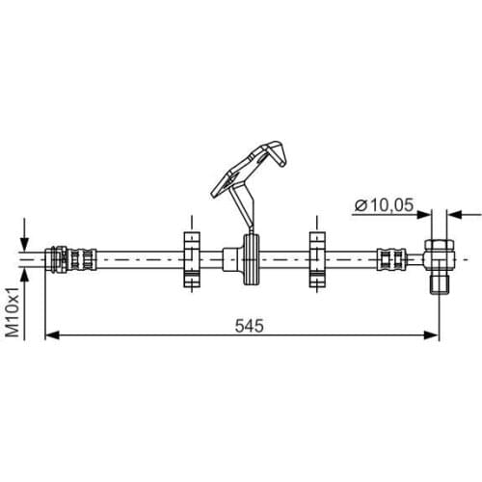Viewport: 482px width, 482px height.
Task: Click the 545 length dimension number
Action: click(249, 325)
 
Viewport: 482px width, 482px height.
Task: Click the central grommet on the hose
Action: click(251, 258)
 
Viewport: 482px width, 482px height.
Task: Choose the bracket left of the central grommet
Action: click(189, 257)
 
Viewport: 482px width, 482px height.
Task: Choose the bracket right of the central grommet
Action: click(315, 257)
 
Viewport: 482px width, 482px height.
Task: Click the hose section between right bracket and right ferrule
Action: click(352, 257)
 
